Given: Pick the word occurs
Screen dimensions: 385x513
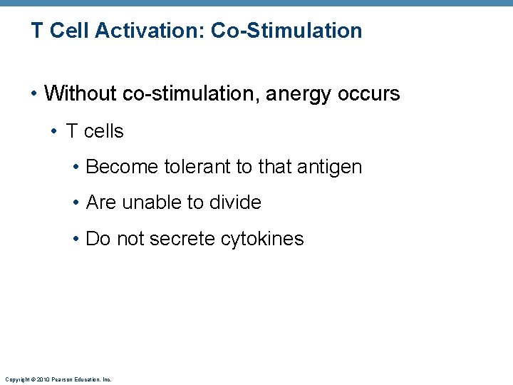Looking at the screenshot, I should point(370,93).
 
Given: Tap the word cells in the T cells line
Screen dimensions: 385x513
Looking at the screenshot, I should point(104,131).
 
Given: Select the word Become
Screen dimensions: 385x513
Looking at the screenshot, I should point(122,167).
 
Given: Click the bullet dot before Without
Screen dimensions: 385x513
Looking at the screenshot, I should point(33,94).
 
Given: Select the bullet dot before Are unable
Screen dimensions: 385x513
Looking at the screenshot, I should point(76,203).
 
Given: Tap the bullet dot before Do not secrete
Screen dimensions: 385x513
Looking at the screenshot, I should point(76,239).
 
